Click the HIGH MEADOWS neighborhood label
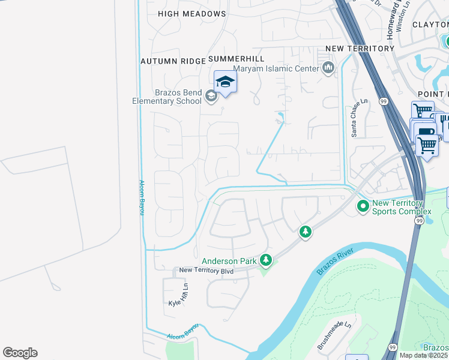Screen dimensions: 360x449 pos(192,13)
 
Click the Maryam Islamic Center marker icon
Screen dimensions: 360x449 pos(328,68)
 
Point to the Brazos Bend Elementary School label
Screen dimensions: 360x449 pos(167,97)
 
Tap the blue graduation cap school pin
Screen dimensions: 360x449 pos(225,82)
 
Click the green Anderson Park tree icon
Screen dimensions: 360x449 pos(266,260)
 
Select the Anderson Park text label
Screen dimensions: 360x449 pos(229,261)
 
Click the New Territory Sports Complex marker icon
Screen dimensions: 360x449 pos(363,207)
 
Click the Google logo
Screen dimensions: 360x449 pos(20,352)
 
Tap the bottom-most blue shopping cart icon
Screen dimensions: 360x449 pos(427,145)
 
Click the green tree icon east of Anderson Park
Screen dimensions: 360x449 pos(306,231)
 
